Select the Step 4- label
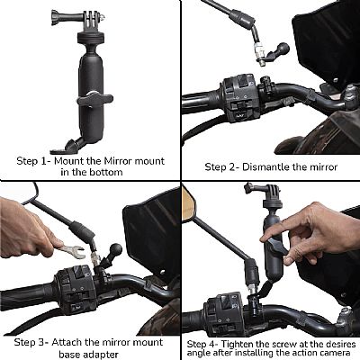(206, 343)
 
